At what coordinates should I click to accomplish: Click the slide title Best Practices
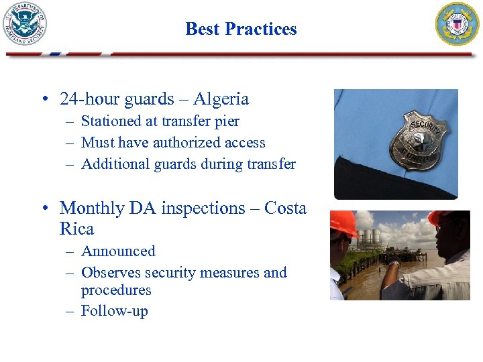(x=241, y=29)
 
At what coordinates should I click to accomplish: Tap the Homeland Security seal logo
(x=25, y=24)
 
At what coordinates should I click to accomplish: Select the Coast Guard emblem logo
(x=458, y=24)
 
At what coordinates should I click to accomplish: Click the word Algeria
(x=221, y=99)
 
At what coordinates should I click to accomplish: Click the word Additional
(x=111, y=164)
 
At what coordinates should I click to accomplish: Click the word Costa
(x=285, y=208)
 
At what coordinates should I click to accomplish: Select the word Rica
(x=76, y=229)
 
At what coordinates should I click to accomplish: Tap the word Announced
(x=118, y=251)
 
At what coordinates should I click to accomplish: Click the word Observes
(x=110, y=273)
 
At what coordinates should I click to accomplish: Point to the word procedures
(x=116, y=290)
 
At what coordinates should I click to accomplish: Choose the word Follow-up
(x=114, y=311)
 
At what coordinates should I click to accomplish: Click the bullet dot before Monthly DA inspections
(x=44, y=209)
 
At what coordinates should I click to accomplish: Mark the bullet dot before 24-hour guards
(x=44, y=100)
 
